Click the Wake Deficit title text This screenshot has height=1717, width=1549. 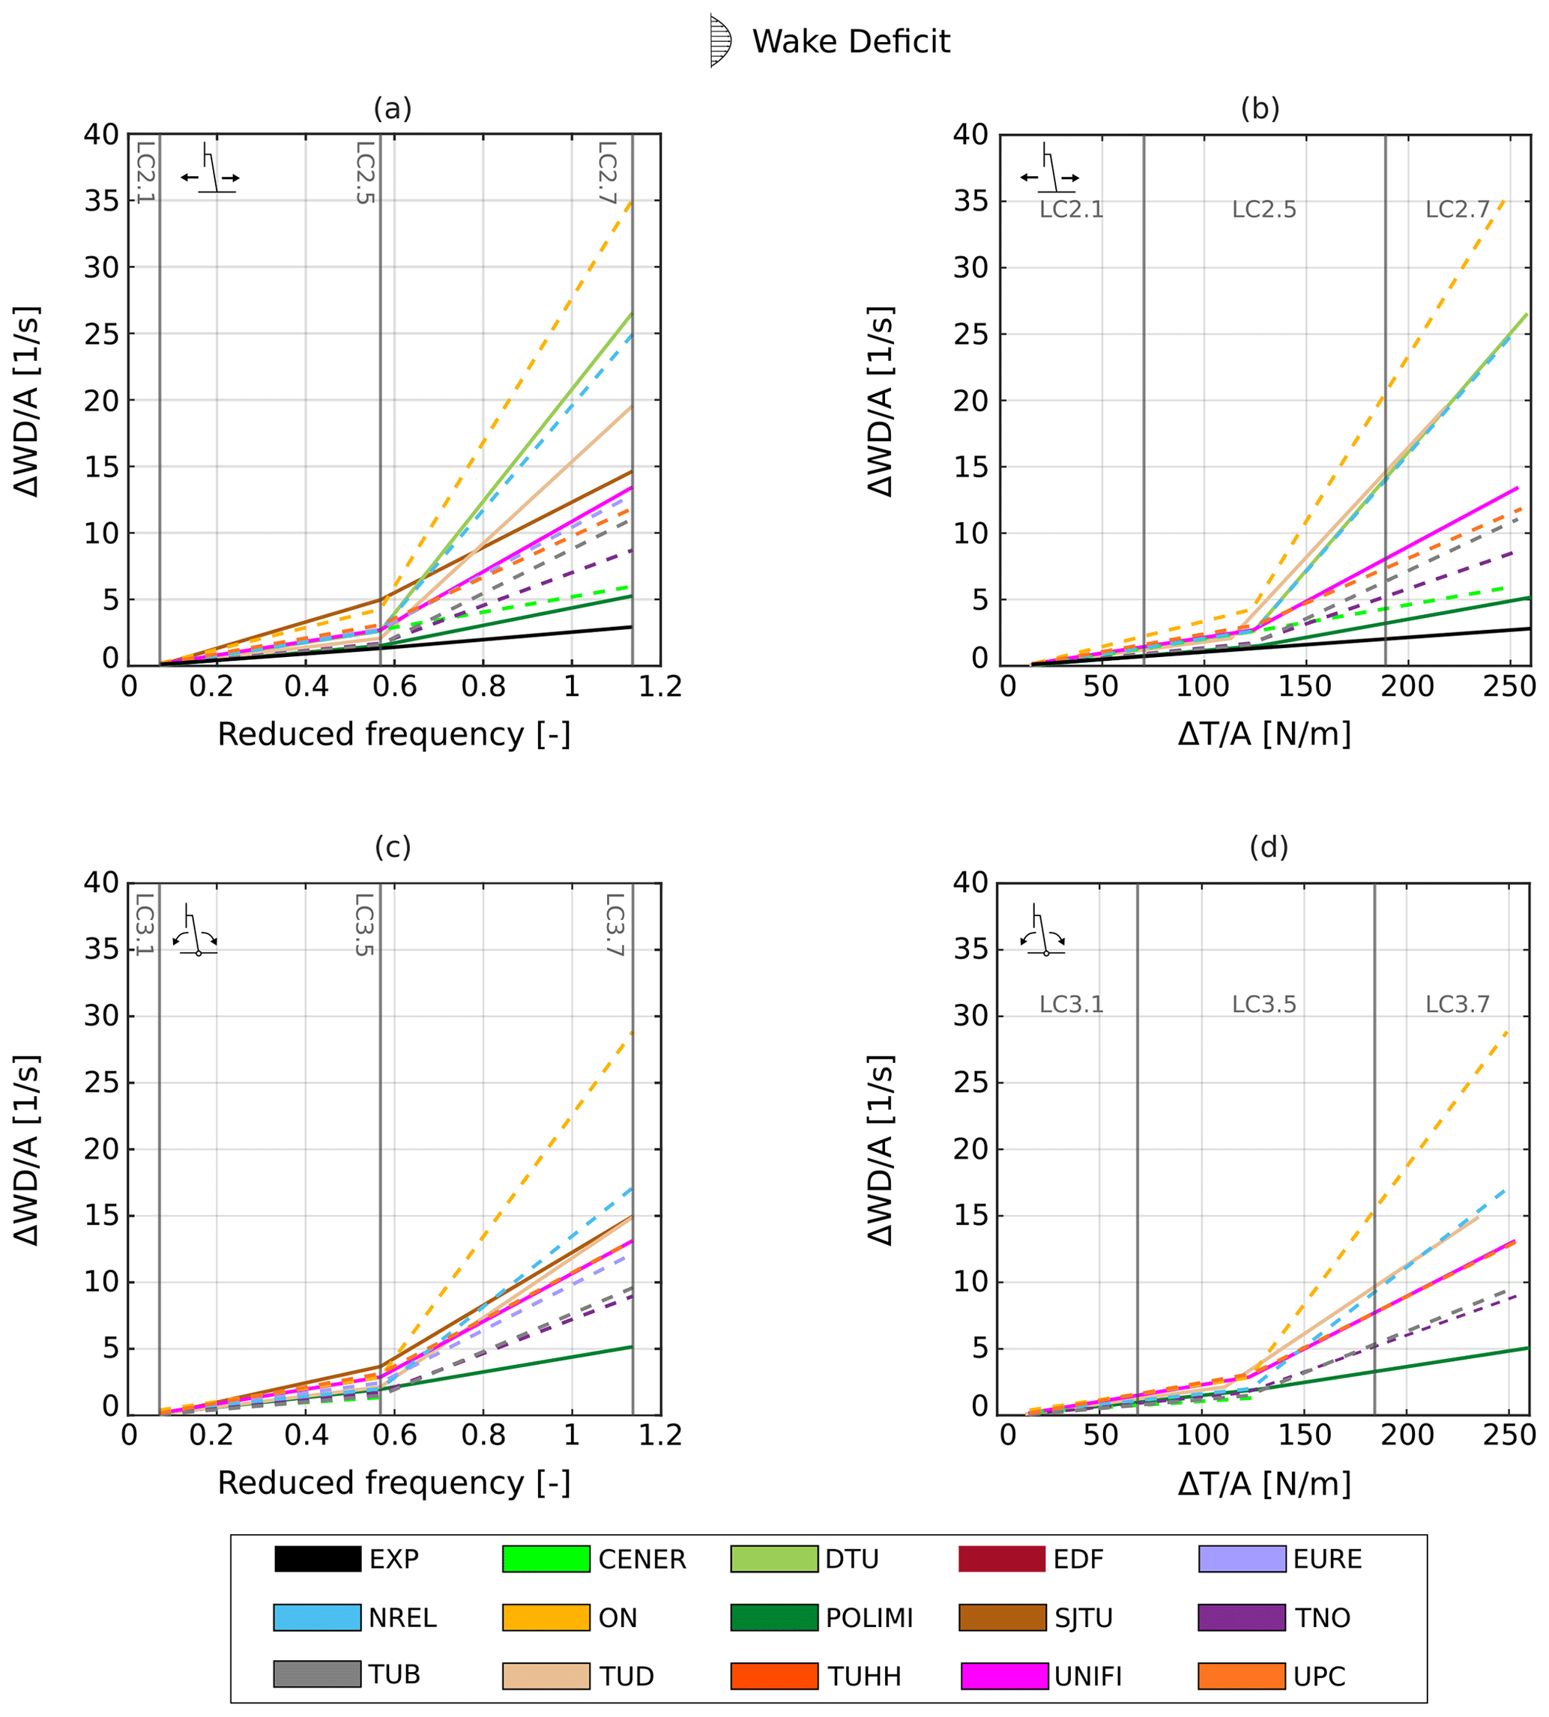[851, 42]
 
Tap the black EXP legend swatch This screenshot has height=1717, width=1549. [318, 1559]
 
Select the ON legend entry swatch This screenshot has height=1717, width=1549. [546, 1617]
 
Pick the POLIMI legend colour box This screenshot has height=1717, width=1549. [773, 1617]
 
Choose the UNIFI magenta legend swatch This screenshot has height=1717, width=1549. [1004, 1675]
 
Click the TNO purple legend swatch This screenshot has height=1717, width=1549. [1241, 1617]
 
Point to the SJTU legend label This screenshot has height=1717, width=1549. [1084, 1617]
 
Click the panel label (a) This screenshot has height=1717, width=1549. [393, 108]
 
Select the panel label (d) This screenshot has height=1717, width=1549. [1268, 847]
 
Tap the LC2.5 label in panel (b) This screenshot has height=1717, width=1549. [1264, 209]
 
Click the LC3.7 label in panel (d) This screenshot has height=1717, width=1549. [1457, 1004]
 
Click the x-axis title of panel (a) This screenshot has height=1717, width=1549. [393, 734]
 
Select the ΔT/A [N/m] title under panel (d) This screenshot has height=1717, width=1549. [1264, 1483]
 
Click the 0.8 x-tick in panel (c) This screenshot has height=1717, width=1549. [483, 1435]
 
